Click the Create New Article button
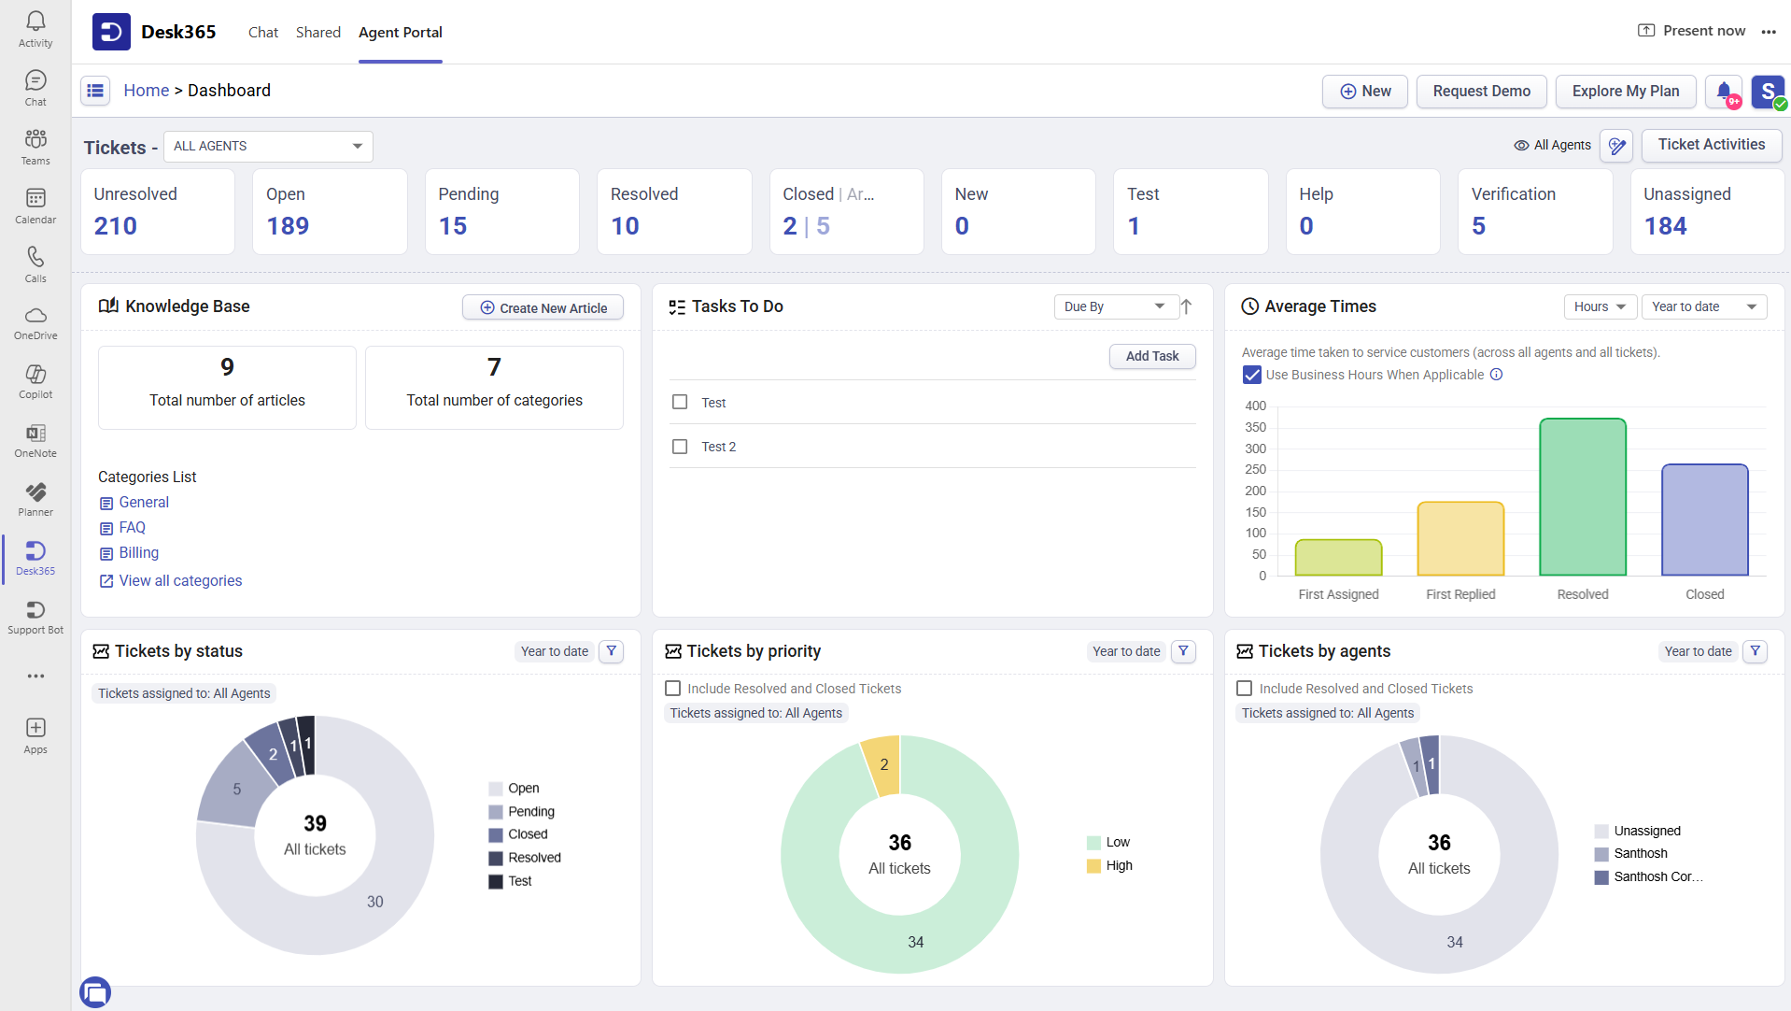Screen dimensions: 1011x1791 [x=543, y=307]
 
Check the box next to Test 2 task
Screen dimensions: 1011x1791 [x=680, y=447]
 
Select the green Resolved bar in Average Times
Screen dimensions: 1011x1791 [x=1582, y=497]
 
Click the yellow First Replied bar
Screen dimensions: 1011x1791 [x=1460, y=539]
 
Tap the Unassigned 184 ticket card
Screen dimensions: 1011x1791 [x=1706, y=211]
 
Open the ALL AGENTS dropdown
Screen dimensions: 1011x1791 [x=268, y=147]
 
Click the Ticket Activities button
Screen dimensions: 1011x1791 [x=1711, y=145]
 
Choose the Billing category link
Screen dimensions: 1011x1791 [x=138, y=553]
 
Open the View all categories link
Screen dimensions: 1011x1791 [x=180, y=581]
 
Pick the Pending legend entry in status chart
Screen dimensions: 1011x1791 [x=530, y=812]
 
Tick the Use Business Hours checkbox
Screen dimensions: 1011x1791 [x=1252, y=375]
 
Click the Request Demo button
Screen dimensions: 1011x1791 [x=1481, y=92]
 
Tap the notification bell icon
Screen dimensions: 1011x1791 [x=1724, y=92]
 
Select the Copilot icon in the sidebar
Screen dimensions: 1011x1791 [x=35, y=380]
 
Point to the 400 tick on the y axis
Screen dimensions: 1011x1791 [x=1255, y=406]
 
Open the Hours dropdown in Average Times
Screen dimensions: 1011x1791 [x=1599, y=307]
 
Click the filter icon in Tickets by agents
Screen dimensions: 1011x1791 [x=1755, y=651]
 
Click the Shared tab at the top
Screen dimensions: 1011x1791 [x=317, y=33]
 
